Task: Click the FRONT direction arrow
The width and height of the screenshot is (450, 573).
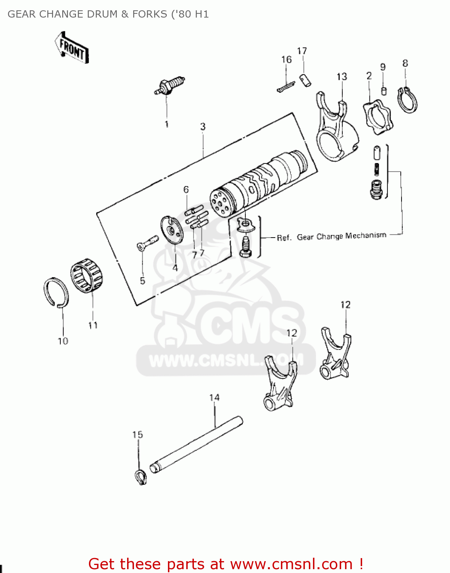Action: [x=72, y=47]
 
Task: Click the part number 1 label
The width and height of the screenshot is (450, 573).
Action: [x=166, y=124]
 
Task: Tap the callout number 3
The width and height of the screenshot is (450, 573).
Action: [x=203, y=126]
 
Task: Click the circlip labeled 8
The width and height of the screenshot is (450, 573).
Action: [x=408, y=100]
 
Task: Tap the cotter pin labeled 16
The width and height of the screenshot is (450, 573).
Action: [x=285, y=87]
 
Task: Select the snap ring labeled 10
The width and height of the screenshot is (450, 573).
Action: [x=56, y=293]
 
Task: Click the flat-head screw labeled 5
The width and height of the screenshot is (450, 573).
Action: [x=147, y=243]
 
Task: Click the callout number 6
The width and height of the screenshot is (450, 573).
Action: [x=186, y=189]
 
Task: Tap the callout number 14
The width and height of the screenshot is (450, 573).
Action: [x=215, y=398]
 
